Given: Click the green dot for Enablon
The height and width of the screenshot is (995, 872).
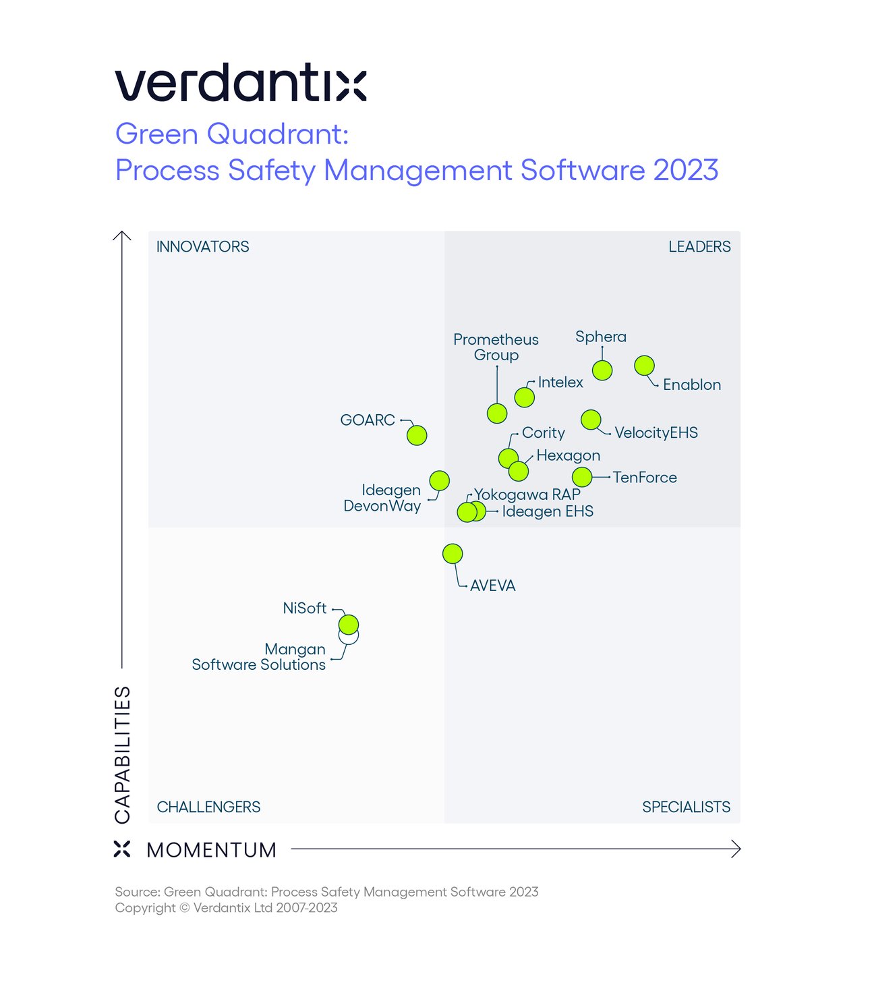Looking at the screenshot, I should (x=644, y=366).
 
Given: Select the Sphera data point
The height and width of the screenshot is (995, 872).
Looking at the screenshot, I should (x=602, y=370).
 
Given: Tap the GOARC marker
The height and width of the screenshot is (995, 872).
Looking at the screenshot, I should (x=417, y=435).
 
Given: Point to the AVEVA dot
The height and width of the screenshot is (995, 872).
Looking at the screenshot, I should (x=453, y=554).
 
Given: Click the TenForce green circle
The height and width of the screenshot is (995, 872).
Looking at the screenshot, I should (x=582, y=477).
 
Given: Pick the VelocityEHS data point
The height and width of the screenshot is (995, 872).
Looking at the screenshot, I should (x=591, y=420).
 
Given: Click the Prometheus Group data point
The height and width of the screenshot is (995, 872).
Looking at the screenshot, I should (x=497, y=414).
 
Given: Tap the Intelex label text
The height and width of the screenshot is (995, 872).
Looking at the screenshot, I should (x=560, y=382).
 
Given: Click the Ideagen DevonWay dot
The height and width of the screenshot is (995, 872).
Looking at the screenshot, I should (x=439, y=480).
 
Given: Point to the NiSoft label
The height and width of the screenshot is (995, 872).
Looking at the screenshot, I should (x=304, y=608).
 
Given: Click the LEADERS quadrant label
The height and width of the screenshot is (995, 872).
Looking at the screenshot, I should (x=699, y=247).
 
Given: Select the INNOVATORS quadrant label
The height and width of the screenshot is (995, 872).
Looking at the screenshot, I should (x=202, y=247).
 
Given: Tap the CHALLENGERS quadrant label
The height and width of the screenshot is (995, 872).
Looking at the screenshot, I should (x=208, y=807).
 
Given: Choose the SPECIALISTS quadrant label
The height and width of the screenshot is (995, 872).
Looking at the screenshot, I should (x=686, y=807).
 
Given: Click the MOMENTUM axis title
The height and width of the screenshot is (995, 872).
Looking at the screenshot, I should (x=211, y=850).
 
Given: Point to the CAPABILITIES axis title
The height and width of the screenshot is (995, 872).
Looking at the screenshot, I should (x=122, y=754).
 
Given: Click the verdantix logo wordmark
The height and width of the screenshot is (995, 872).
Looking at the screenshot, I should (x=241, y=84).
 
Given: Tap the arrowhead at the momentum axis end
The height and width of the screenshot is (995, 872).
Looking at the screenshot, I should (x=736, y=849).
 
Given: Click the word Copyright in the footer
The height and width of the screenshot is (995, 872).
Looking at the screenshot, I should (x=144, y=908).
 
